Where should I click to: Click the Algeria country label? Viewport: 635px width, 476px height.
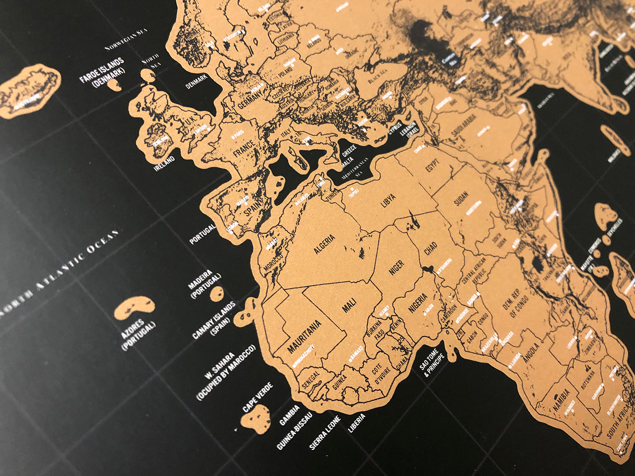(x=325, y=244)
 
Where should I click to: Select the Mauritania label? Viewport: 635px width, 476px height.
(x=304, y=336)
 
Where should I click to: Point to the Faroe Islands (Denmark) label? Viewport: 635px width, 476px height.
(x=102, y=72)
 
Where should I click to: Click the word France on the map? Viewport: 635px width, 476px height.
(x=244, y=148)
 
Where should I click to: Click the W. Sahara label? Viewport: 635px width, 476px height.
(x=226, y=372)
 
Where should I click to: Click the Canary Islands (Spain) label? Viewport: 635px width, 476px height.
(x=214, y=321)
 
